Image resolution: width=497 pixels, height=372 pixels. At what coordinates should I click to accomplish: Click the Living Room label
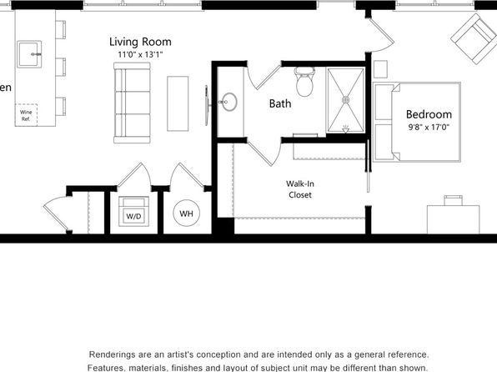(140, 42)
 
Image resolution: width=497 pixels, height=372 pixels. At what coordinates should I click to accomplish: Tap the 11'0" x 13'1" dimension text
(140, 54)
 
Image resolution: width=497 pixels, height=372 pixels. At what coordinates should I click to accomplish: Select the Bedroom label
(429, 114)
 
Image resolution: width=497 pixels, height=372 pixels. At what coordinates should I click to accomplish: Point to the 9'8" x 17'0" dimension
(429, 127)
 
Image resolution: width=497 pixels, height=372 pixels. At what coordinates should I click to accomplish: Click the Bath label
(280, 103)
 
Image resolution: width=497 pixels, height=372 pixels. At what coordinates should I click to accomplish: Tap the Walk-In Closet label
(300, 189)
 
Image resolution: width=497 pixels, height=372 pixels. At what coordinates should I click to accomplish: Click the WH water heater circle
(187, 214)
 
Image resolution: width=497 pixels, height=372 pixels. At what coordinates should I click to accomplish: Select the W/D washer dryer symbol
(133, 212)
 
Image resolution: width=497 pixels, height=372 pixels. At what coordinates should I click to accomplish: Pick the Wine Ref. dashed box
(26, 115)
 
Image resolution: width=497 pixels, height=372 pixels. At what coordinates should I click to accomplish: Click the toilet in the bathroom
(304, 82)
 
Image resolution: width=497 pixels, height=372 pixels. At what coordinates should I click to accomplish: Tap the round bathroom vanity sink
(228, 102)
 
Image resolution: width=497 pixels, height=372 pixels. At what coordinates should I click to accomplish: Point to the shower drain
(346, 100)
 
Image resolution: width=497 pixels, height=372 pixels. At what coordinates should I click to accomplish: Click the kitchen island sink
(29, 54)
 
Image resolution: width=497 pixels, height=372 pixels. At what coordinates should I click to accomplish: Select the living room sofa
(132, 103)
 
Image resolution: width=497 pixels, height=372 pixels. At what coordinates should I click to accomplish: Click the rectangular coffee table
(178, 103)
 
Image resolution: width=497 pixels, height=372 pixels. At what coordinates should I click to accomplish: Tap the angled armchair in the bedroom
(474, 38)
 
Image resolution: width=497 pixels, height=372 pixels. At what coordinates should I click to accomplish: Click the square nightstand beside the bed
(380, 69)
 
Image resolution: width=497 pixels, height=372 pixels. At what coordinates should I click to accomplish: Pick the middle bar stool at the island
(61, 67)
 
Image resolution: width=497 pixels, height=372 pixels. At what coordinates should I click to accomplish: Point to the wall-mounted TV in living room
(207, 105)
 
